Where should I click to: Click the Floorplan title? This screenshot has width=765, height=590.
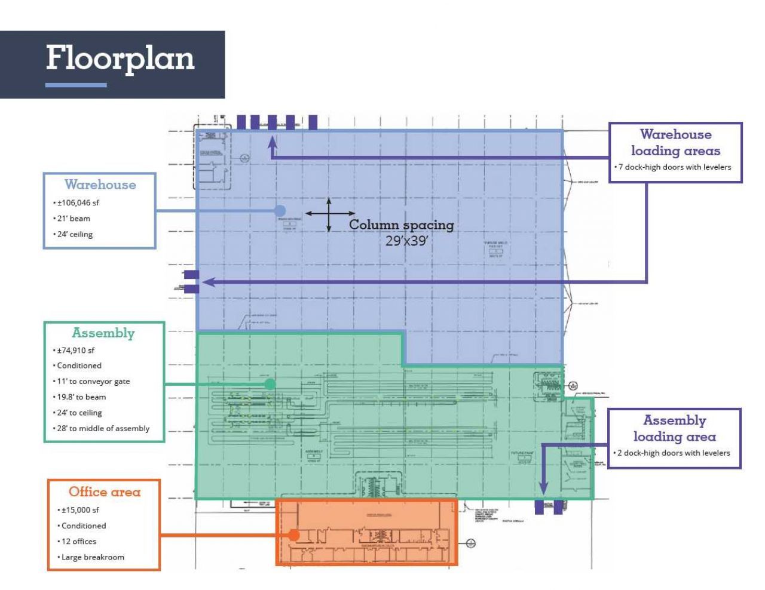[120, 59]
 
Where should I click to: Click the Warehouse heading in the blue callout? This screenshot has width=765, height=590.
[100, 185]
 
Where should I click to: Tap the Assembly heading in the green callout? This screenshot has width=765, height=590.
[103, 333]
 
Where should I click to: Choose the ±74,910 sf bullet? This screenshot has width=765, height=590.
[75, 351]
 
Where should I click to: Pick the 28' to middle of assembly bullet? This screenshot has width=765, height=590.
[103, 428]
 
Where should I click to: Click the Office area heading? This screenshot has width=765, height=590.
[105, 492]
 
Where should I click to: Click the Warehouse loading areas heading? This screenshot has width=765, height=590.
[675, 143]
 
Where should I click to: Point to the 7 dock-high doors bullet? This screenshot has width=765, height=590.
[675, 167]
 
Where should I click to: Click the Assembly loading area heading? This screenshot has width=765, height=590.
[674, 428]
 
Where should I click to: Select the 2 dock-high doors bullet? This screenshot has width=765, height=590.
[674, 453]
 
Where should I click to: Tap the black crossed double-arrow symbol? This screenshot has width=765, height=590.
[329, 214]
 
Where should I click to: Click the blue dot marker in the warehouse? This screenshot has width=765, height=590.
[280, 210]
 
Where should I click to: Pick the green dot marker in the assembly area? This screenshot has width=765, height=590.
[270, 384]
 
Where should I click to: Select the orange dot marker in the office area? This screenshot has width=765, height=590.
[293, 535]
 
